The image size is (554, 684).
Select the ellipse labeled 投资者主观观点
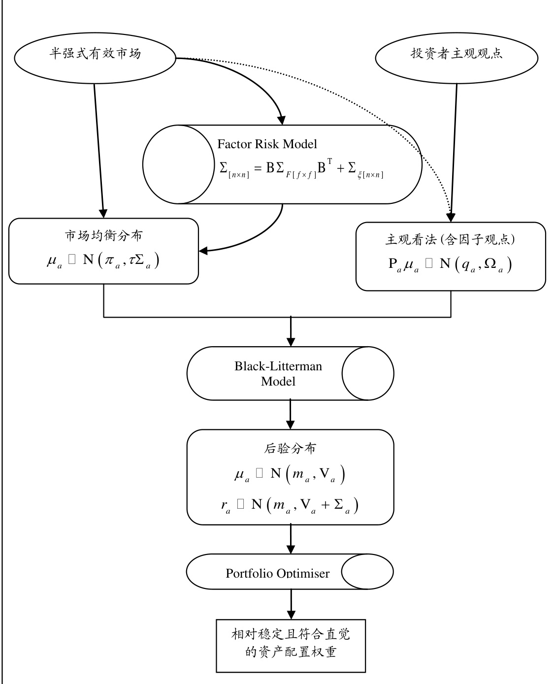pos(456,54)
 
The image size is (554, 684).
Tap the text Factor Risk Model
pos(267,144)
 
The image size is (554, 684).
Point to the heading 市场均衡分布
pos(103,235)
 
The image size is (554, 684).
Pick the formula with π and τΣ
pos(103,260)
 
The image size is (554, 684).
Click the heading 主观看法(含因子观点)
pos(450,239)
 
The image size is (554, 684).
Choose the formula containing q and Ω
pos(450,265)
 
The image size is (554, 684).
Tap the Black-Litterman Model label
pos(278,373)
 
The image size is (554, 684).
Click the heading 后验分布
pos(291,449)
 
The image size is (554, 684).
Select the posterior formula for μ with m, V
pos(290,475)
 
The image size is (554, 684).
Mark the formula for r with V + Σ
pos(290,505)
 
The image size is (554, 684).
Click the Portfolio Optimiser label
pos(278,573)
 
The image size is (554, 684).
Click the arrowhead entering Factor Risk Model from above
pos(282,120)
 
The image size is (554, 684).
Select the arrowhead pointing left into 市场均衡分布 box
pos(203,251)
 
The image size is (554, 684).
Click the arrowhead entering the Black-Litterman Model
pos(291,342)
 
